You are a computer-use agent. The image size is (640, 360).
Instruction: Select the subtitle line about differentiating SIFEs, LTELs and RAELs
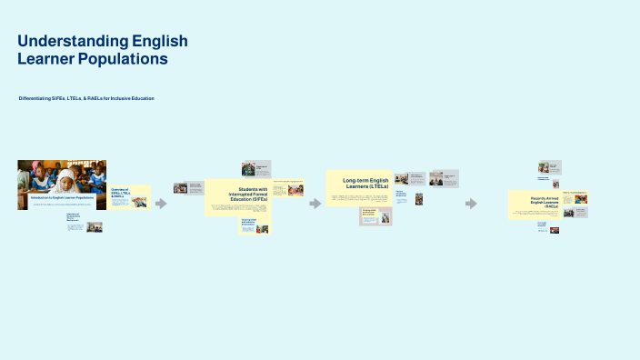[86, 97]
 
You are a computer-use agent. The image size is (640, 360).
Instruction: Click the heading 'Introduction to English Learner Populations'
[62, 197]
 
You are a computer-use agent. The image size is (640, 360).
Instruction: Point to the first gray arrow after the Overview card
[162, 203]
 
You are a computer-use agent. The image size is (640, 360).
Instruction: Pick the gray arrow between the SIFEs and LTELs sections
[315, 203]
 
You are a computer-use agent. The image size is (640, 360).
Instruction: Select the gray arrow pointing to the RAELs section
[471, 203]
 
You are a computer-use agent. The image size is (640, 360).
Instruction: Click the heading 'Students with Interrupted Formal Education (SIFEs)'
[246, 194]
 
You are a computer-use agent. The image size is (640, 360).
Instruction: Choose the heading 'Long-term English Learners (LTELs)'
[365, 183]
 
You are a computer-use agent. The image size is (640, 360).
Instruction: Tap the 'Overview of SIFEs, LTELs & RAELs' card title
[121, 194]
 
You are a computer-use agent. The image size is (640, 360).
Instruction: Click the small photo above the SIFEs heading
[248, 168]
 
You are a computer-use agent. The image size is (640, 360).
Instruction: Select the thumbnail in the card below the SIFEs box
[262, 229]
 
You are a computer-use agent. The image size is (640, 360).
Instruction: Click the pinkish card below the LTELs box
[375, 216]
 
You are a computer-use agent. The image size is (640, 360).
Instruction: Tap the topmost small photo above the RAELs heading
[544, 167]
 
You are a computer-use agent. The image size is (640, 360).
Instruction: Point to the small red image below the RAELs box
[554, 230]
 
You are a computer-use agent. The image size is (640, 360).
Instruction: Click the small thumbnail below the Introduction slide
[94, 226]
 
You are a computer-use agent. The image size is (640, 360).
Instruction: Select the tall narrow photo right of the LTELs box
[418, 198]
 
